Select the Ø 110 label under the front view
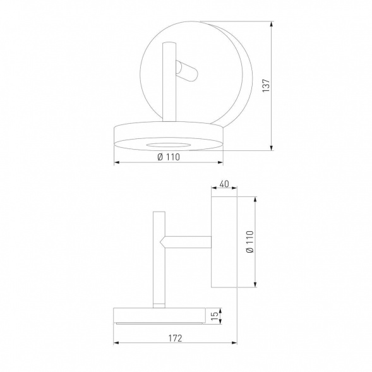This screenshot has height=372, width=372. coord(168,157)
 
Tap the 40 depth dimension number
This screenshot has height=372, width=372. coord(224,185)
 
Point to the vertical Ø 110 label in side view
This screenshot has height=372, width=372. coord(249,241)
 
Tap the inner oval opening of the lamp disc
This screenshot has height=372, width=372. coord(168,145)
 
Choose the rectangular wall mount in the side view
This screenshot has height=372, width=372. coord(224,241)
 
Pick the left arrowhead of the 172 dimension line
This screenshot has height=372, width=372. coord(116,344)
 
